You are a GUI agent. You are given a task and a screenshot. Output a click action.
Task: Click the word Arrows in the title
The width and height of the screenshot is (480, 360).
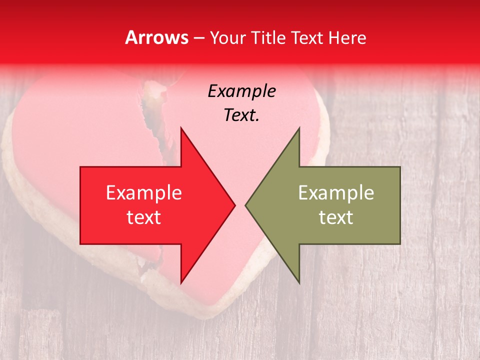click(x=156, y=37)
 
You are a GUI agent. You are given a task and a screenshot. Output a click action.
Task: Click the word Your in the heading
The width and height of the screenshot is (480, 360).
click(x=228, y=38)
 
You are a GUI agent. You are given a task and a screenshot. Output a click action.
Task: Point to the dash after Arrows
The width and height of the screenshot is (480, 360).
click(x=198, y=38)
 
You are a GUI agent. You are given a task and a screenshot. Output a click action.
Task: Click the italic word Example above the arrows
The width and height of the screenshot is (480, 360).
click(x=241, y=91)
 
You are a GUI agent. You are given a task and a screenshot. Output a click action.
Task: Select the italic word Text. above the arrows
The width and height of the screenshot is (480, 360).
click(x=241, y=115)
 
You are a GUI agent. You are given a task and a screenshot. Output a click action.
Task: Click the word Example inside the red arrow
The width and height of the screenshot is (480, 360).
click(x=143, y=193)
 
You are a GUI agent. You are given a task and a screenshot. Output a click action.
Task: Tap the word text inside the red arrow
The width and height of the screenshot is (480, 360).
click(x=143, y=217)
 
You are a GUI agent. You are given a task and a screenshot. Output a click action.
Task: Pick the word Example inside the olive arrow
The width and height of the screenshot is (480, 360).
click(x=336, y=193)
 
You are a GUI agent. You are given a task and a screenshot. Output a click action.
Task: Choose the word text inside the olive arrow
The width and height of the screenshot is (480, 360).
click(x=336, y=217)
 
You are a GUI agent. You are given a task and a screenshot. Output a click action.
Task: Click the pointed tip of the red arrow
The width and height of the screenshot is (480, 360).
click(x=234, y=205)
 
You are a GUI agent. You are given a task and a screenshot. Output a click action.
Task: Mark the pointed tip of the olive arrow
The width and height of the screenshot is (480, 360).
click(x=246, y=205)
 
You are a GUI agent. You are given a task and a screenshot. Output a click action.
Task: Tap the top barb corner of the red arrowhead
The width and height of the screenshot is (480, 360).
click(x=181, y=128)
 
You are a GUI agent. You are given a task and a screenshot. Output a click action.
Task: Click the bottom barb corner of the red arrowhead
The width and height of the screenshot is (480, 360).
click(x=181, y=282)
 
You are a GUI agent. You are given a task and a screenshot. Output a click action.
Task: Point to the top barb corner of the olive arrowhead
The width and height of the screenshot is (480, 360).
click(x=299, y=128)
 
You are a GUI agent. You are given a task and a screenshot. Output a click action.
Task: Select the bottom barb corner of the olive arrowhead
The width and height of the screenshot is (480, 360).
click(x=299, y=282)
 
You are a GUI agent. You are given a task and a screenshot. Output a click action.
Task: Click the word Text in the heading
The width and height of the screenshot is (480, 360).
click(x=306, y=37)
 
